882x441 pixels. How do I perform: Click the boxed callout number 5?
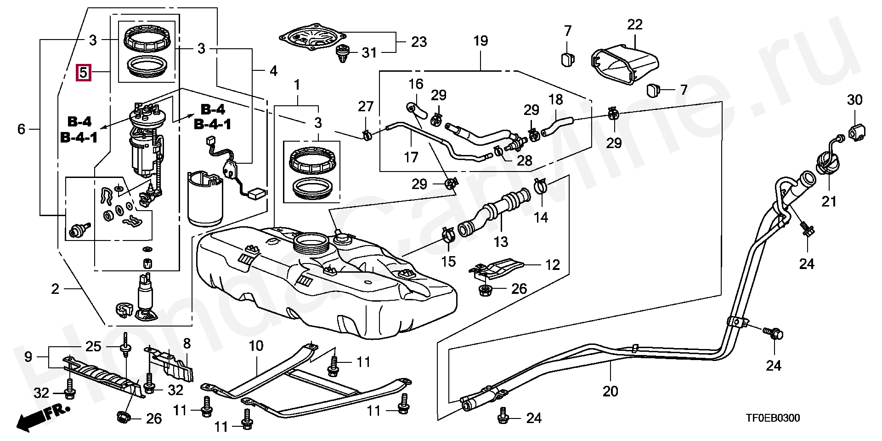click(84, 73)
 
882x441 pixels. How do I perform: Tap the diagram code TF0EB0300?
click(772, 418)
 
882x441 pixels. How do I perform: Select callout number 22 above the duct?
click(634, 24)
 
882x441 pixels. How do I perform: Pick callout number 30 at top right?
click(854, 100)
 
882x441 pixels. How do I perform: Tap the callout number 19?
click(481, 41)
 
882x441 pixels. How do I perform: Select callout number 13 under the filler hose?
click(501, 242)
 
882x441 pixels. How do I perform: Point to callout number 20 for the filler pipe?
click(610, 391)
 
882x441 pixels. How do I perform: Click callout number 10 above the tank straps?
click(256, 346)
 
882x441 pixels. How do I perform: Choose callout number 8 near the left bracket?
click(187, 344)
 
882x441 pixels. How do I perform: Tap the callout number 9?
click(28, 357)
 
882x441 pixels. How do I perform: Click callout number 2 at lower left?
click(55, 289)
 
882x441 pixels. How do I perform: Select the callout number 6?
click(21, 129)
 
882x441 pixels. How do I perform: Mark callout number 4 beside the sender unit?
click(273, 71)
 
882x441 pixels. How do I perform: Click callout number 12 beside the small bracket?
click(553, 265)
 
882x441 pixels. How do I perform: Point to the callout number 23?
click(419, 42)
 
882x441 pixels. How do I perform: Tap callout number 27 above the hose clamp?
click(366, 107)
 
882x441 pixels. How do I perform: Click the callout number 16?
click(416, 84)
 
